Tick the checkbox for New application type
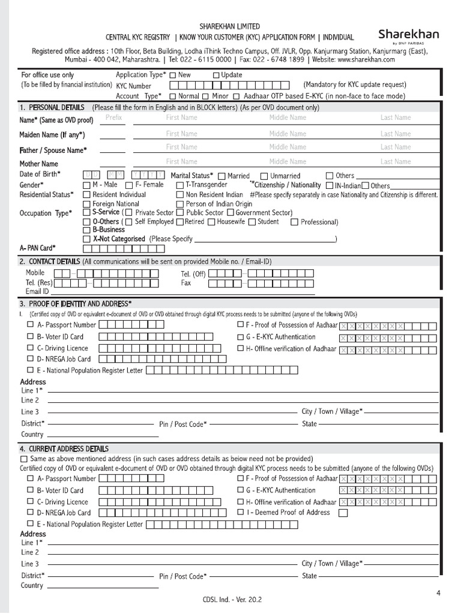173,76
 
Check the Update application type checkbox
216,76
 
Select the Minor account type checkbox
205,97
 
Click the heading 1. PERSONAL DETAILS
52,107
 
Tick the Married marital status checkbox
221,176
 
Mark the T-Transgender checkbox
179,185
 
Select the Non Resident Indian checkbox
179,195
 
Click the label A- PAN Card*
38,248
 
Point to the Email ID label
37,291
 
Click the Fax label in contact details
186,282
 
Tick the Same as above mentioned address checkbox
23,459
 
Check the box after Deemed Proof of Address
343,513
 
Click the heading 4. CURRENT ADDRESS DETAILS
64,449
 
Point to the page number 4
438,593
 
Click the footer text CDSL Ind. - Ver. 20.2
232,599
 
